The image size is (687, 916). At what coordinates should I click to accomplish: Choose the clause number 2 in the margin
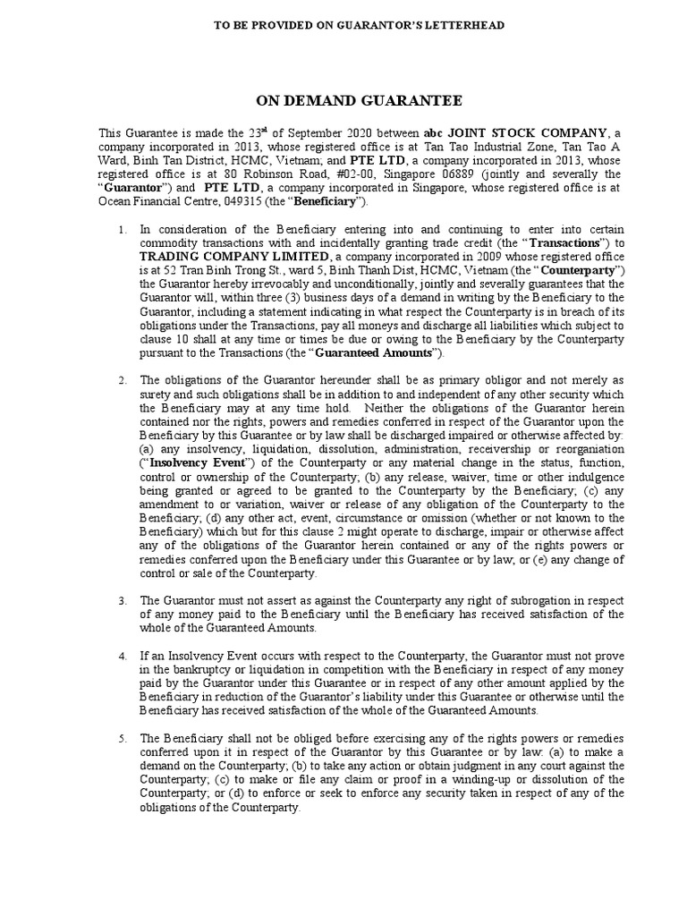click(x=123, y=380)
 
